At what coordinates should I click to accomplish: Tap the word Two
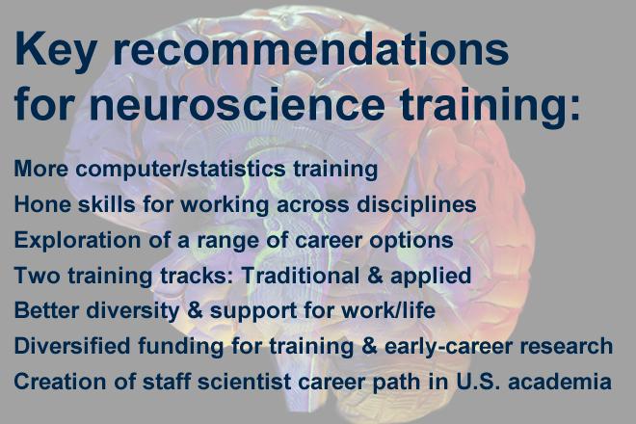pyautogui.click(x=34, y=276)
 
